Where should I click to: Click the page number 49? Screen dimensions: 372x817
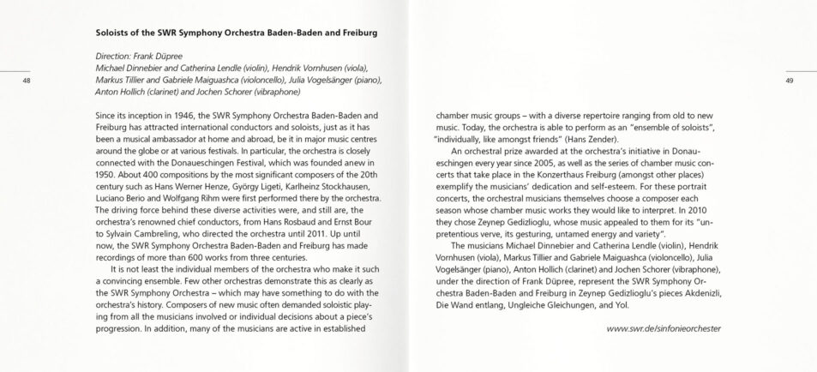tap(789, 81)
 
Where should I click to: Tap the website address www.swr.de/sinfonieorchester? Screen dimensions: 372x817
tap(663, 328)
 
